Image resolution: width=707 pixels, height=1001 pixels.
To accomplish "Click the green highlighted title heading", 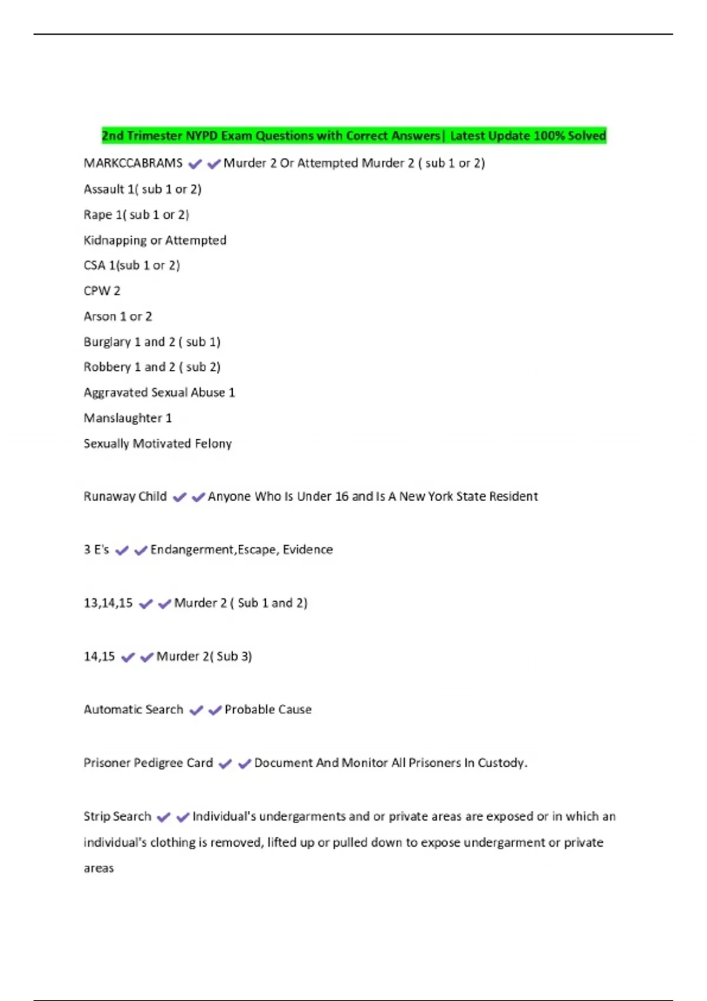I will (x=353, y=136).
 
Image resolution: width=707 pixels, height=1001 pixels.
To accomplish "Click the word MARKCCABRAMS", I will (x=133, y=163).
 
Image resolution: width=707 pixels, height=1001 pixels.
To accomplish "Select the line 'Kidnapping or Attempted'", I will (x=155, y=240).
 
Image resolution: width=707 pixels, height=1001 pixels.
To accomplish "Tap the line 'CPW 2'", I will (x=102, y=291).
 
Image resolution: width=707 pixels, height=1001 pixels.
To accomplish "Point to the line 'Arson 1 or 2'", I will (x=118, y=317).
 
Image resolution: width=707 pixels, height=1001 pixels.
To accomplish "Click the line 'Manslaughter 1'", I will (x=128, y=418).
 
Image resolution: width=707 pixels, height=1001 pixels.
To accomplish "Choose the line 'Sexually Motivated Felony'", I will (x=158, y=443).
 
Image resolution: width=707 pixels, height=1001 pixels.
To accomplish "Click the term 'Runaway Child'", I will (x=125, y=496).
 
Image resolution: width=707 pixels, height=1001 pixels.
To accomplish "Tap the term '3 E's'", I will (x=97, y=550).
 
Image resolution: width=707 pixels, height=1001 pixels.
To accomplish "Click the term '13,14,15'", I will (x=108, y=603).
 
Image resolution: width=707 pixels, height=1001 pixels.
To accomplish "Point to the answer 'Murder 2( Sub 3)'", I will (x=204, y=657).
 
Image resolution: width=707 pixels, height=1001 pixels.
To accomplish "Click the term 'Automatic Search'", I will (x=134, y=710).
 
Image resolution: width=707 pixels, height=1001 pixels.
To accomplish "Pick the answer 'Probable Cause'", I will (x=268, y=710).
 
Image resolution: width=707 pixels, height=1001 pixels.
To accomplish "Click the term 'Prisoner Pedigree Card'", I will (x=148, y=763).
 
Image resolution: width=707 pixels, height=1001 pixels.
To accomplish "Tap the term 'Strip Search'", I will (x=118, y=817).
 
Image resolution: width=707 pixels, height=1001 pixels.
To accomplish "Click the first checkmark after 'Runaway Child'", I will (x=180, y=498).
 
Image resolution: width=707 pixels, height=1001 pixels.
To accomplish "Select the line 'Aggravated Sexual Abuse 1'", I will (x=159, y=393).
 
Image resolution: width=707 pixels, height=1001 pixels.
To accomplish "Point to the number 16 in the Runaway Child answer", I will (x=342, y=496).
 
